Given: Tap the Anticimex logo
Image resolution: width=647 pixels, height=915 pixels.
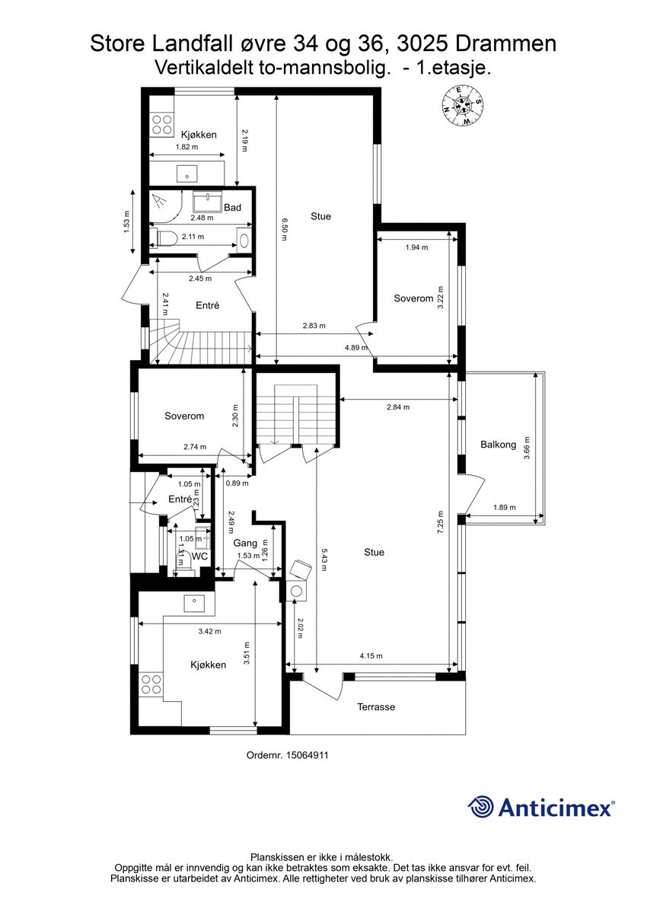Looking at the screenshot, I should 540,807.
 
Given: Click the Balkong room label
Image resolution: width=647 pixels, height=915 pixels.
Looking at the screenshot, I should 499,445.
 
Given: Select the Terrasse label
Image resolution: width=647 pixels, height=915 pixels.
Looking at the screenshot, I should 376,707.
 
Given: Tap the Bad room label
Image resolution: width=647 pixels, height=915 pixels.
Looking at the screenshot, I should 232,208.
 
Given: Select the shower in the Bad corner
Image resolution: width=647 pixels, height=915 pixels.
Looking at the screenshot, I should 164,202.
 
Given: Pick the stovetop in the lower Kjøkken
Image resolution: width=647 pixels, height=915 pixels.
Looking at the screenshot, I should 151,683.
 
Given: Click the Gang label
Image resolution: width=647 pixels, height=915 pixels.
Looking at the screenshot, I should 245,543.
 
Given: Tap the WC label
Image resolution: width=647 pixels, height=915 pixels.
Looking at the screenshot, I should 200,556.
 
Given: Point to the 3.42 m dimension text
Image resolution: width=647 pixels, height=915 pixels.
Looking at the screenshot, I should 209,631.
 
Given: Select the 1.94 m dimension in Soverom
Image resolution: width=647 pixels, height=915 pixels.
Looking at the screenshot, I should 416,247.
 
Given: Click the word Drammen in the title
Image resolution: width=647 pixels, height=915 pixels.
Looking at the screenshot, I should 508,43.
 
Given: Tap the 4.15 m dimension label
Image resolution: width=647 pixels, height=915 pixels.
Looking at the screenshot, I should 371,656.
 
